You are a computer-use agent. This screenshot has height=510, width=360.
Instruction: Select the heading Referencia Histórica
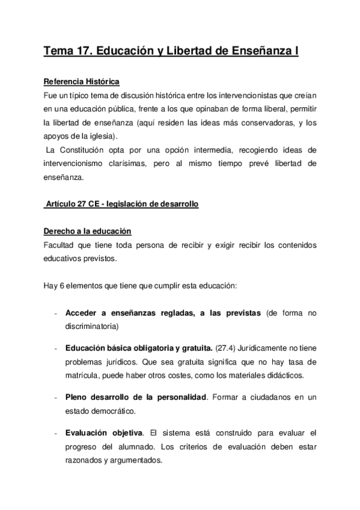[82, 82]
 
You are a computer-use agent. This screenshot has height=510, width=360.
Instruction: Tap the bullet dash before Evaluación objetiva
[55, 433]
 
